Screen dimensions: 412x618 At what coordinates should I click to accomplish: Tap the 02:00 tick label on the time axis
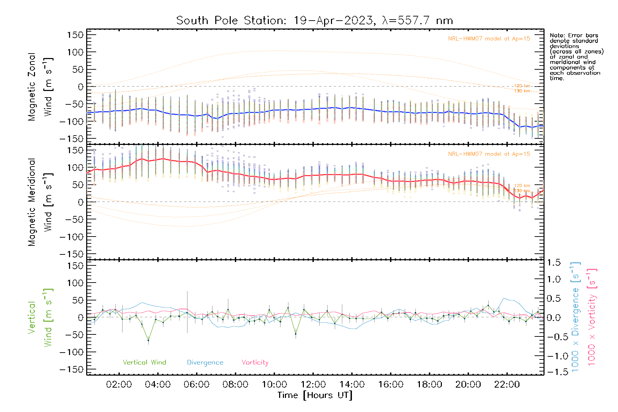119,385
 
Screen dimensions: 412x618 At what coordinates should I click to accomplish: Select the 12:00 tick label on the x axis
313,385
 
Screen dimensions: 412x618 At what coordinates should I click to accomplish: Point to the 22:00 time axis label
507,385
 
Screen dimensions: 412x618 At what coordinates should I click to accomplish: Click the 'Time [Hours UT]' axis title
315,395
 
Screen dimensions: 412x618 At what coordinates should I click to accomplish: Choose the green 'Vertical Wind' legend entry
144,362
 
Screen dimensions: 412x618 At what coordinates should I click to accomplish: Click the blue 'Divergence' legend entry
205,362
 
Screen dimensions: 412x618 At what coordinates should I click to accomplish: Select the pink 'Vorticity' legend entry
255,362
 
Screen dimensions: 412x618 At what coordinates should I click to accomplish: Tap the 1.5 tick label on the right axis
553,263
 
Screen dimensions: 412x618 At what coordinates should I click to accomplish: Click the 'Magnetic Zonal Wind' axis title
41,87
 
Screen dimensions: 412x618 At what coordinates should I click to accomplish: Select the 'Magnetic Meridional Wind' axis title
41,202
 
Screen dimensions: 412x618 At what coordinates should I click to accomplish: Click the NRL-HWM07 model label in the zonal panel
489,38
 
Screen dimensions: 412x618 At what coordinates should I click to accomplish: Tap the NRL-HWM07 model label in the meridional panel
489,154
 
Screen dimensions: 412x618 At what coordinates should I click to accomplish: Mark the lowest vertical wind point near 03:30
148,341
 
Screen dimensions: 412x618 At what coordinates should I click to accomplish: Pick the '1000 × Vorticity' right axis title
592,317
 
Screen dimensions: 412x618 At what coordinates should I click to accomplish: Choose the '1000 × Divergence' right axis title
575,317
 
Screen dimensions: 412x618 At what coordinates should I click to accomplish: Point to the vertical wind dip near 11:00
296,334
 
